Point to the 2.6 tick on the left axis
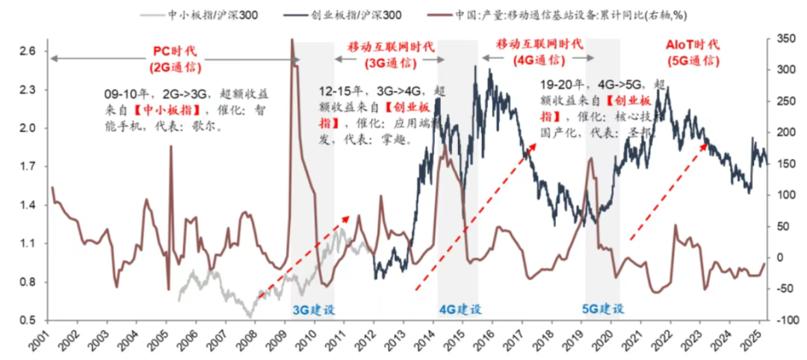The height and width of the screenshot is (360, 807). pos(27,52)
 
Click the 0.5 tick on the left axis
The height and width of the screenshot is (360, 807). pos(27,320)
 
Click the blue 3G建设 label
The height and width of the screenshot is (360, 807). pos(312,308)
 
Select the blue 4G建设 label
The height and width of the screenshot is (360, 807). pos(460,308)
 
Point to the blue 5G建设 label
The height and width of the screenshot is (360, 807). pos(603,308)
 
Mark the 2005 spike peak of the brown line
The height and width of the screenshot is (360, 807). pos(171,146)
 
